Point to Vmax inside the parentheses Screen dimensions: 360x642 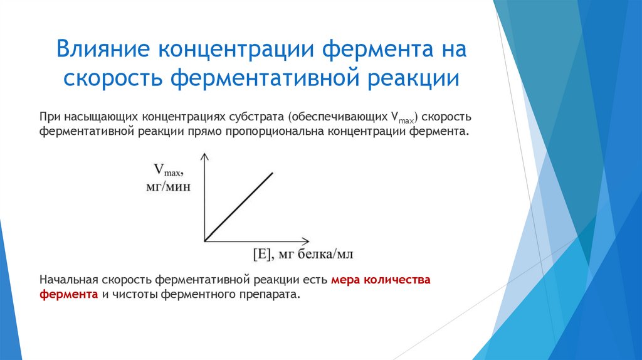pyautogui.click(x=403, y=117)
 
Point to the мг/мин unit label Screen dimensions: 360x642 pyautogui.click(x=168, y=186)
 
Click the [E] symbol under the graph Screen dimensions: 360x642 pyautogui.click(x=260, y=254)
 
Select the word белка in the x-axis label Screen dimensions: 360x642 pyautogui.click(x=311, y=254)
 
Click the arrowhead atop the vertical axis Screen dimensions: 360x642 pyautogui.click(x=204, y=156)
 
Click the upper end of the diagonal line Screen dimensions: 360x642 pyautogui.click(x=273, y=172)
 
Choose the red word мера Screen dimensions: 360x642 pyautogui.click(x=345, y=280)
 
